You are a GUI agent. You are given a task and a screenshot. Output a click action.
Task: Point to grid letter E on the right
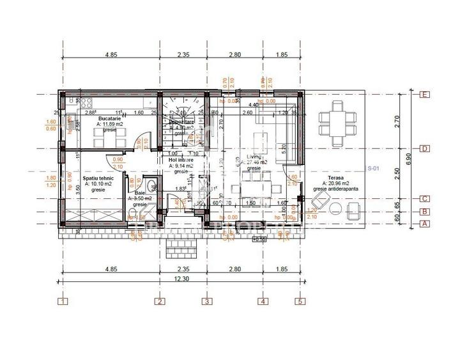[424, 94]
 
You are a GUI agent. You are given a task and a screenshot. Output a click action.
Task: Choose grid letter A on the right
[424, 224]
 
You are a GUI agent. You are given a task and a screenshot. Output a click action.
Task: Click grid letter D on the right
[424, 148]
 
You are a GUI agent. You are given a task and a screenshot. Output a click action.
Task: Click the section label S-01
[374, 168]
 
